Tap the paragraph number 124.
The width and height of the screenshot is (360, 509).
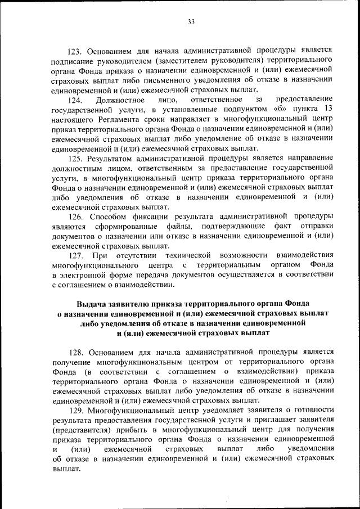(77, 100)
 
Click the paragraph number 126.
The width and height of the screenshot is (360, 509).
(77, 216)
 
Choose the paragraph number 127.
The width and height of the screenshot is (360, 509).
(77, 255)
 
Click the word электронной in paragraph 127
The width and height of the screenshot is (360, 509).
(85, 275)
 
